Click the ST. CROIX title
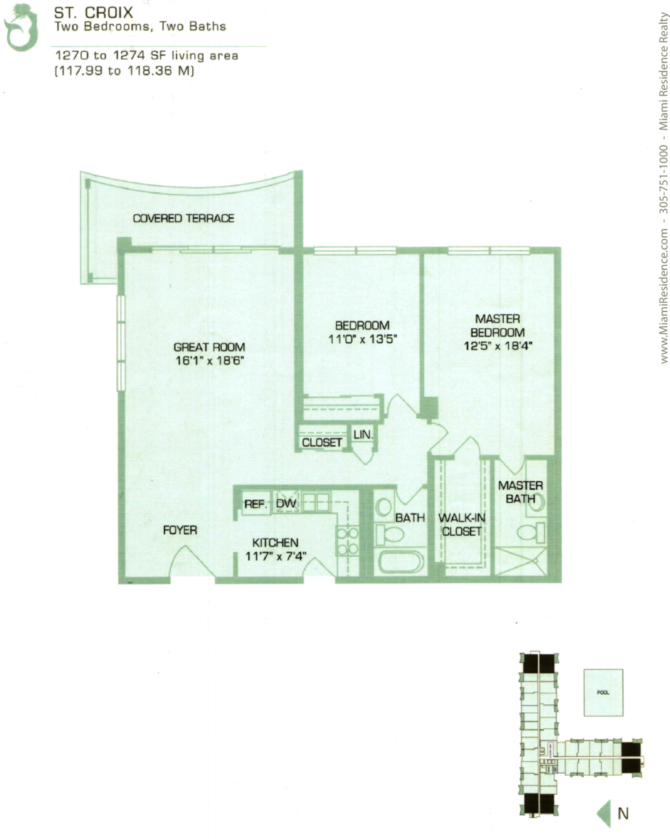pyautogui.click(x=94, y=12)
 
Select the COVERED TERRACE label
pyautogui.click(x=183, y=218)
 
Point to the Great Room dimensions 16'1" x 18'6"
pyautogui.click(x=210, y=361)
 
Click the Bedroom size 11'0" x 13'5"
pyautogui.click(x=363, y=338)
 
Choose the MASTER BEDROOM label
pyautogui.click(x=497, y=325)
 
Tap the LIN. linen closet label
pyautogui.click(x=363, y=435)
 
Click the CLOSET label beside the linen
pyautogui.click(x=322, y=443)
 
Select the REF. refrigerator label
pyautogui.click(x=255, y=504)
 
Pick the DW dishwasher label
pyautogui.click(x=286, y=504)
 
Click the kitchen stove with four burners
pyautogui.click(x=347, y=541)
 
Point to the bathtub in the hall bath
pyautogui.click(x=401, y=562)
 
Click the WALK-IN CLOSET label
pyautogui.click(x=462, y=525)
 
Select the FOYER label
pyautogui.click(x=180, y=530)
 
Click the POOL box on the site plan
pyautogui.click(x=603, y=693)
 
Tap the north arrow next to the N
pyautogui.click(x=603, y=814)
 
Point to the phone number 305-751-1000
pyautogui.click(x=663, y=179)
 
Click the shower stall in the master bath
pyautogui.click(x=520, y=562)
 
